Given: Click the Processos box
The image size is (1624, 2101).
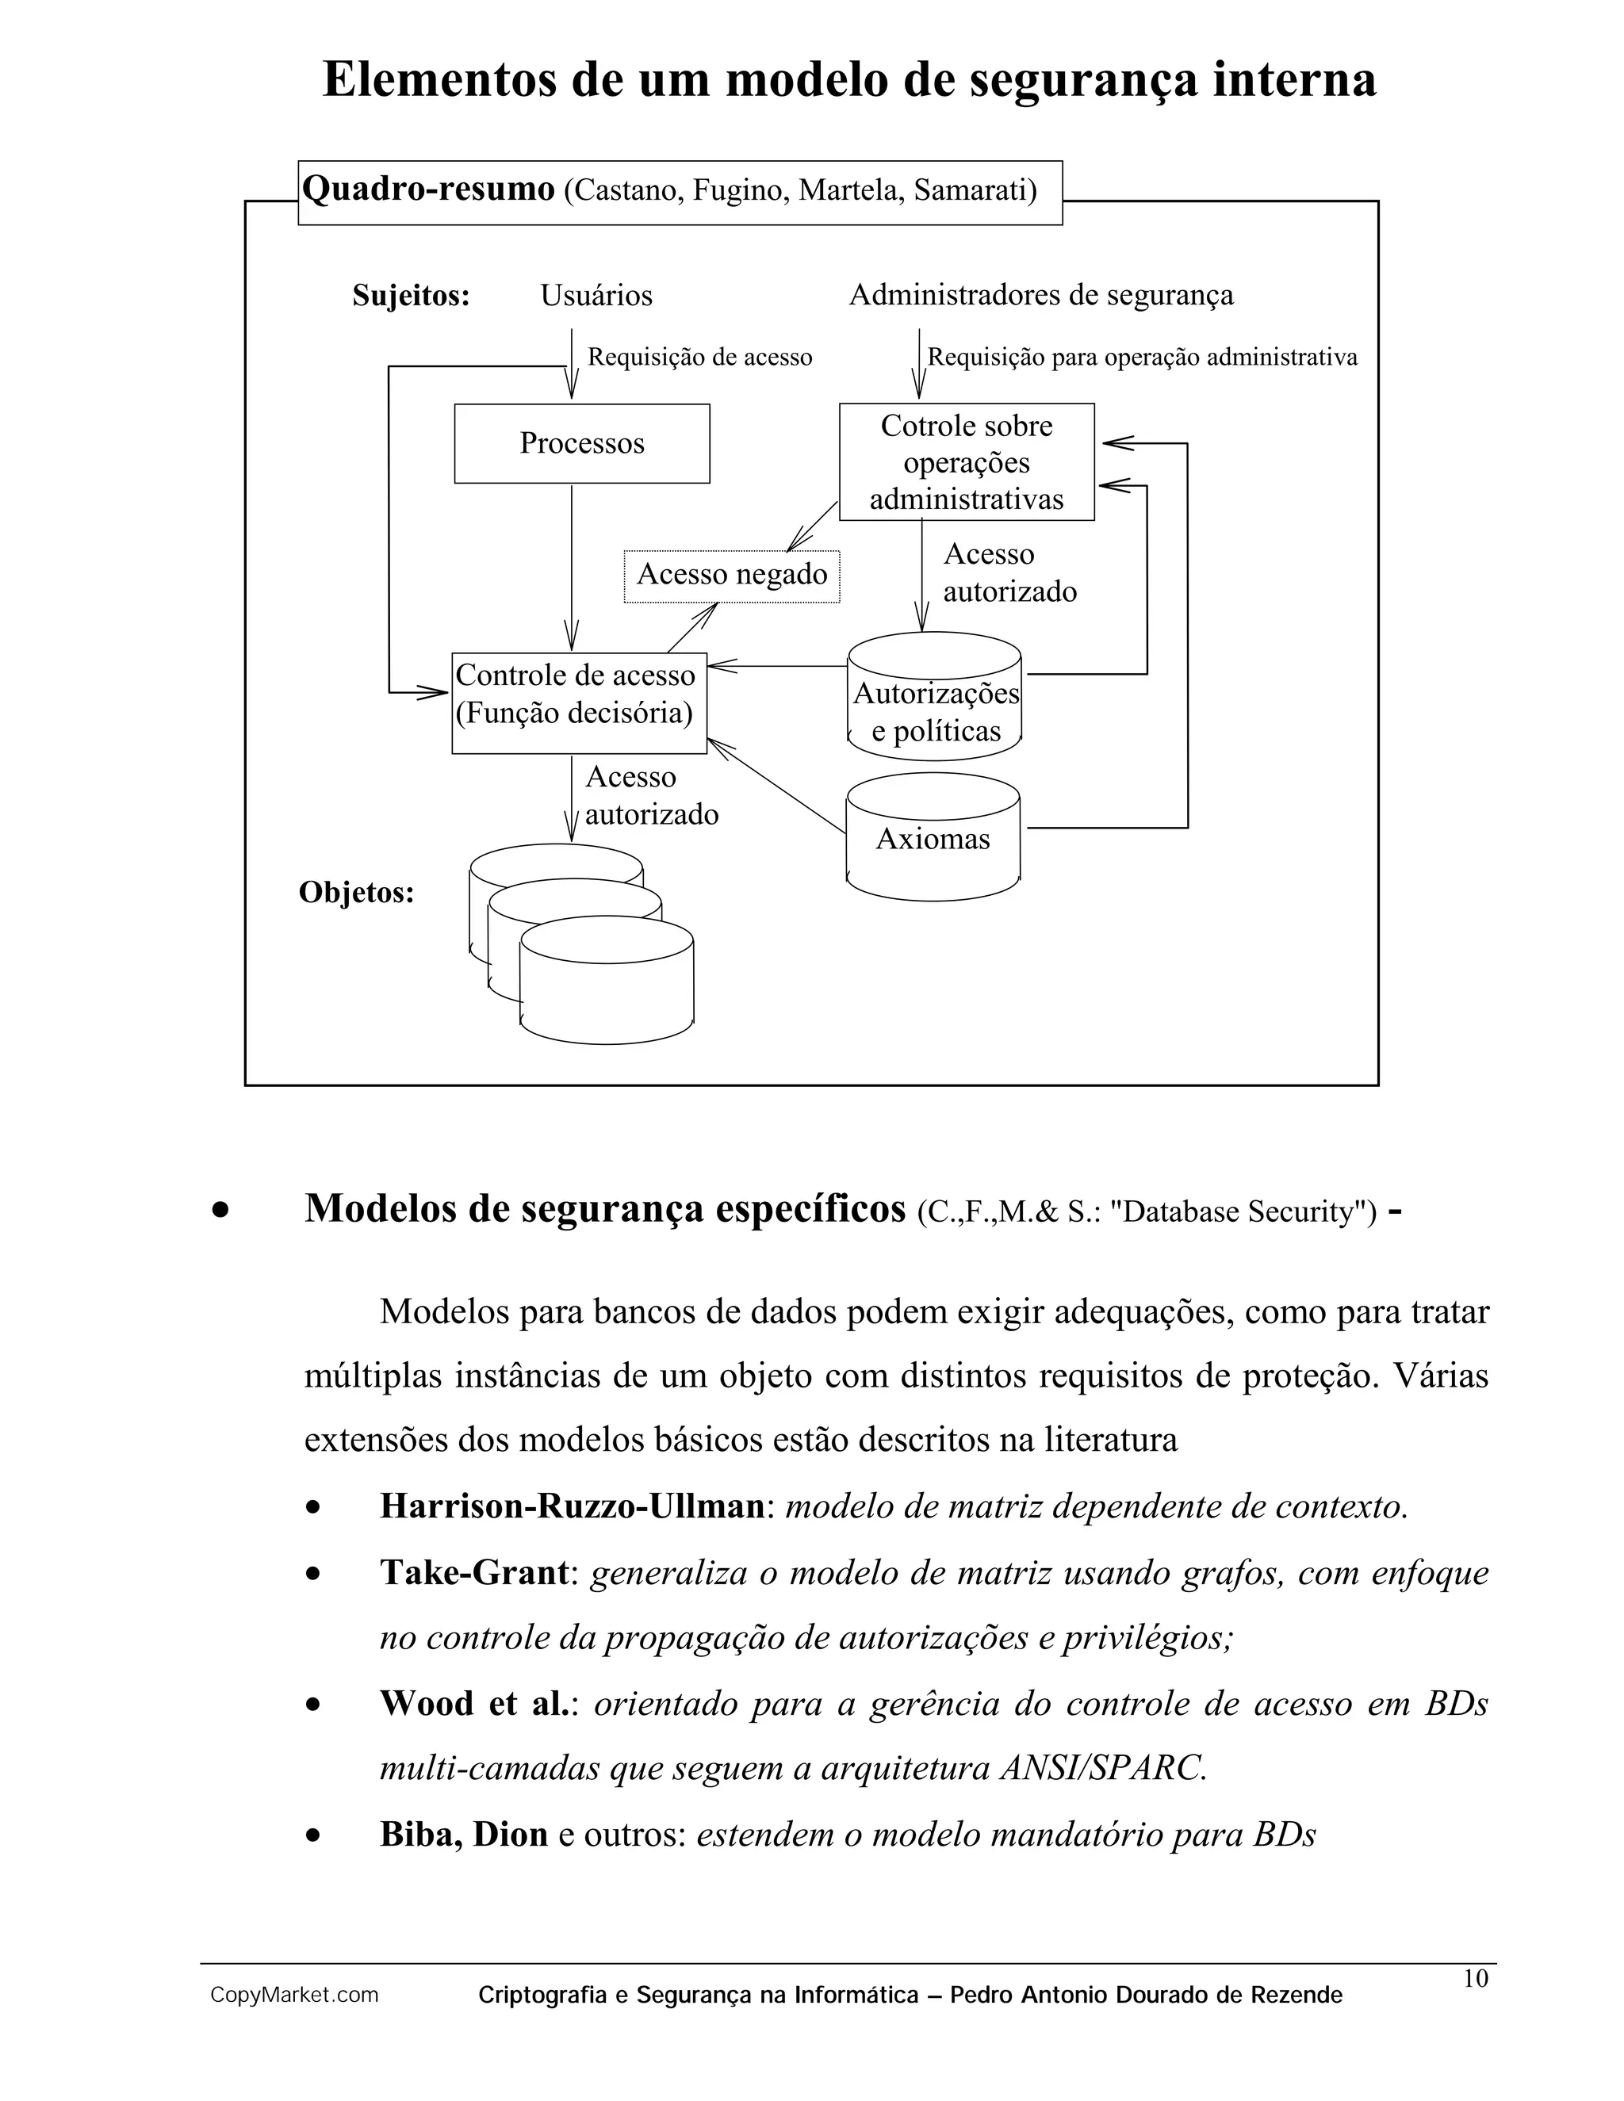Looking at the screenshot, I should [x=581, y=443].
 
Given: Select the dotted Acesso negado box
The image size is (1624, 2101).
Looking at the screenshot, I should [x=731, y=576].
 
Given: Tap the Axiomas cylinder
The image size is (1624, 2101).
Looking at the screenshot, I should [x=933, y=839].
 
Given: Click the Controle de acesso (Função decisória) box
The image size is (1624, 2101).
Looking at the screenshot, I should [x=578, y=703].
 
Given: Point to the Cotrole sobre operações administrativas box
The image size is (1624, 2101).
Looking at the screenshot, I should [x=966, y=461].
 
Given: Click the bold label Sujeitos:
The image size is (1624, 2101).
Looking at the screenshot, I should [x=411, y=296].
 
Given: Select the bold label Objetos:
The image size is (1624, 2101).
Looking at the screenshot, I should [x=356, y=893].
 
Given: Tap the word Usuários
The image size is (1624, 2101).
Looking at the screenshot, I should [x=596, y=296].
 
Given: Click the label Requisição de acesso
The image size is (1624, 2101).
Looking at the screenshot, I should [x=699, y=357].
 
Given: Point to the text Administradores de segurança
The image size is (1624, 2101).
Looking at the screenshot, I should [x=1040, y=296].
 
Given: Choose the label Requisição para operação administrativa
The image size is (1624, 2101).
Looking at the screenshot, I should [x=1142, y=357].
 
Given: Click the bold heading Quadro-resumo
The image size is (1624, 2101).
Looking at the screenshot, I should [x=428, y=189].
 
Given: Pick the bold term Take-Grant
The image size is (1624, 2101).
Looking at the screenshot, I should [x=474, y=1573].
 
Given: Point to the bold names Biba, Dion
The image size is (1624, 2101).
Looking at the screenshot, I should [x=463, y=1835].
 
